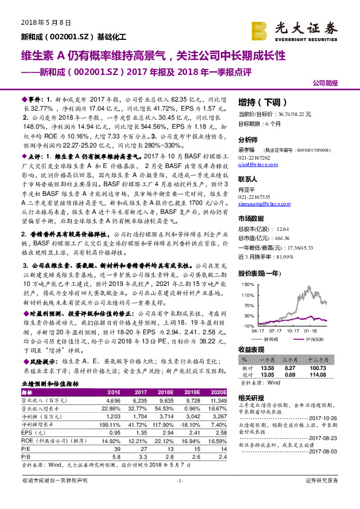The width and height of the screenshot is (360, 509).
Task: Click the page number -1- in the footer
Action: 179,497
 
